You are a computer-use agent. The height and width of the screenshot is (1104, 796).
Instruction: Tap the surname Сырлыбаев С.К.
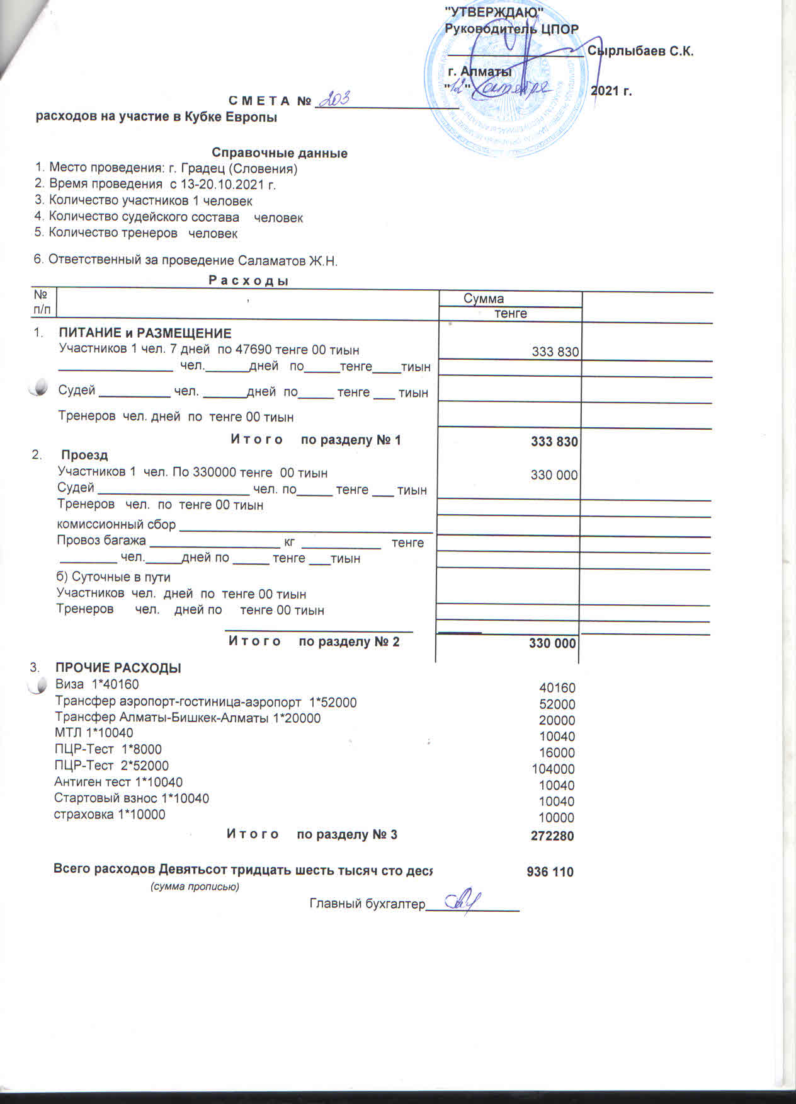[640, 52]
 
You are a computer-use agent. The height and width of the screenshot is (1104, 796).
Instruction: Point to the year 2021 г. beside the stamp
[611, 91]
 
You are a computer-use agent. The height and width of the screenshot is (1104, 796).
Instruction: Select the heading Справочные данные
[280, 153]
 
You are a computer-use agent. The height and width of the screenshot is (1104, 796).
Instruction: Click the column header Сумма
[484, 299]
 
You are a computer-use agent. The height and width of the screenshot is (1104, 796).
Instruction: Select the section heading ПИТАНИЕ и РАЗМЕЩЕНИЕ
[145, 333]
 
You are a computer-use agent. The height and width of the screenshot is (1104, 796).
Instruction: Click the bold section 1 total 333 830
[554, 441]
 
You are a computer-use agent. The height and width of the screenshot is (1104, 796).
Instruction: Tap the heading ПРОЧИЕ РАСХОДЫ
[118, 668]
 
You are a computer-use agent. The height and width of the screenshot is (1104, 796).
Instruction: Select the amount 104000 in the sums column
[553, 769]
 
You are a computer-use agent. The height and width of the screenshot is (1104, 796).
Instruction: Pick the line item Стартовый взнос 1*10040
[132, 798]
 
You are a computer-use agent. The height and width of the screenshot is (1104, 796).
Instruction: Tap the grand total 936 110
[550, 872]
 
